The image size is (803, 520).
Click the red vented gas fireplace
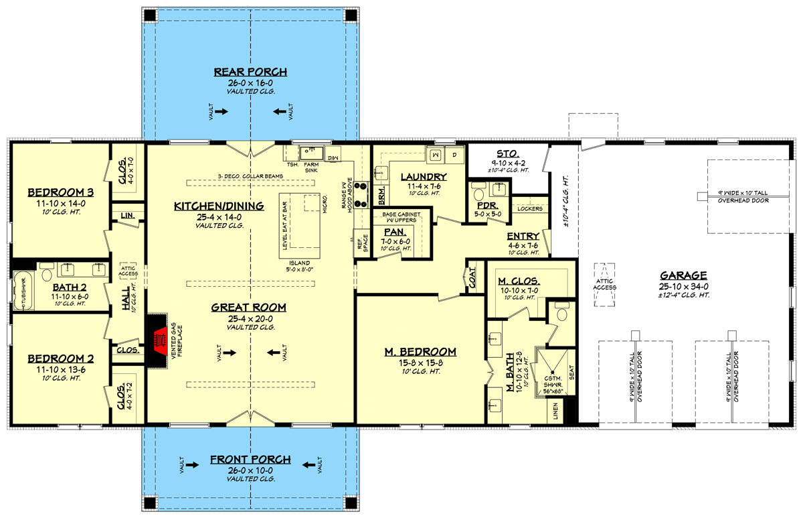pos(159,341)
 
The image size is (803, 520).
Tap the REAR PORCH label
pos(250,72)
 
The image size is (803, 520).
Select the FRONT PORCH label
pos(250,460)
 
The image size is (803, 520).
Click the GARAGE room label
pos(684,275)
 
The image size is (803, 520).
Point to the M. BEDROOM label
pos(420,352)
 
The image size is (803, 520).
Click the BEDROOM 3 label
pos(60,193)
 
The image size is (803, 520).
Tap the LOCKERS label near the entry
pos(530,209)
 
